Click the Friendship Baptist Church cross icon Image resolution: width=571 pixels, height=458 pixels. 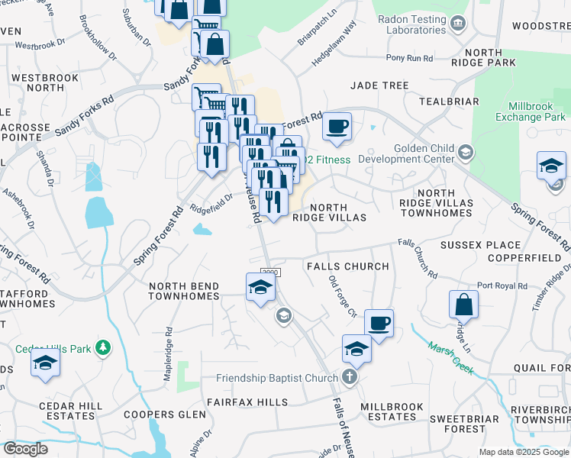[350, 377]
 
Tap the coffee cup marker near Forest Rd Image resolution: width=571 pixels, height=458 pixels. [337, 127]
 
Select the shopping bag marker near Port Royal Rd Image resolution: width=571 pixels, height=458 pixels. [463, 305]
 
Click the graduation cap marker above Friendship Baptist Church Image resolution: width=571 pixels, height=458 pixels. [356, 349]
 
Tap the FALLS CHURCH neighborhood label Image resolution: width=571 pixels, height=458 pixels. [347, 266]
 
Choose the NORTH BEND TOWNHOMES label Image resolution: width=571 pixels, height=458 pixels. [184, 291]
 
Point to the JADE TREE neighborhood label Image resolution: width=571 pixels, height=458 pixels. [379, 85]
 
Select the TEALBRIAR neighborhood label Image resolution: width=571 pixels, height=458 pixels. [448, 101]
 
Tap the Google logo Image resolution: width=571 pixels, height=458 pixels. [25, 449]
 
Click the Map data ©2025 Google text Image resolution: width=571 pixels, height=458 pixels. [523, 452]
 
